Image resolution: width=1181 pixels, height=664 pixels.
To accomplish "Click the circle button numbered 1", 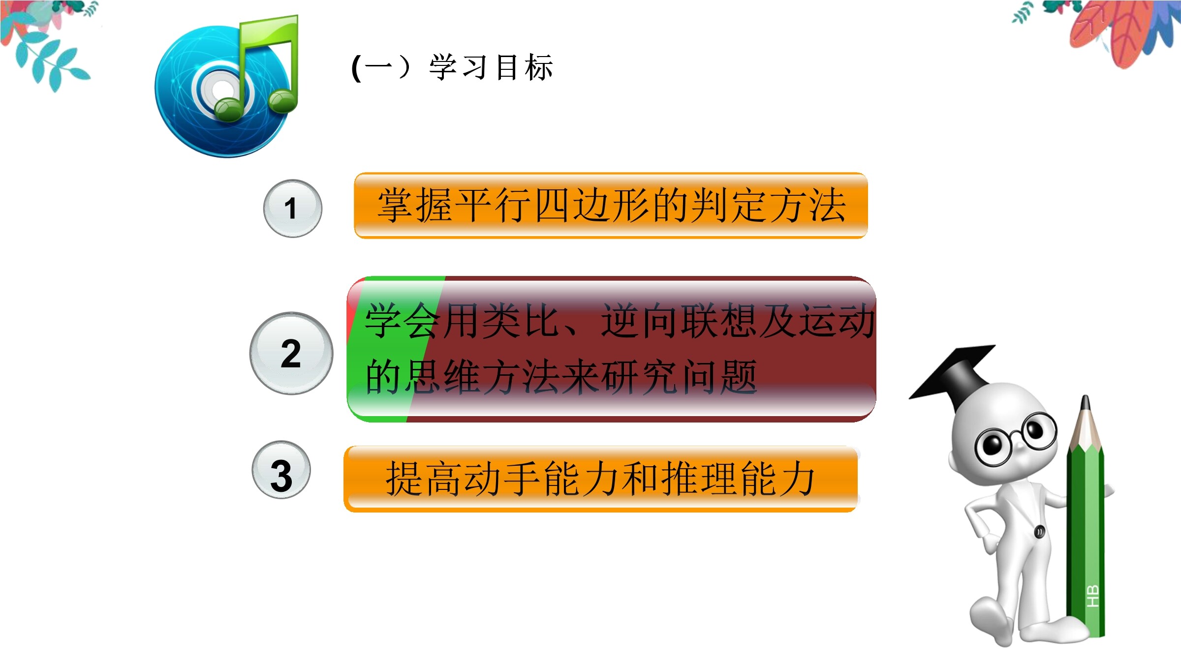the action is point(293,209).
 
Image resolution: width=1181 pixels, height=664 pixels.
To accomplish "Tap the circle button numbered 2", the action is point(291,353).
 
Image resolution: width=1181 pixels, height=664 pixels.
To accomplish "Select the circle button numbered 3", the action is point(281,470).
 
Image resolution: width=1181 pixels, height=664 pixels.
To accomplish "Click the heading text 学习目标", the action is point(491,67).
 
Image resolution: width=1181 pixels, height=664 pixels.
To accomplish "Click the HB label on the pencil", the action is point(1092,596).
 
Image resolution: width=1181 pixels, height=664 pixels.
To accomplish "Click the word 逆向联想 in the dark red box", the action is point(679,320).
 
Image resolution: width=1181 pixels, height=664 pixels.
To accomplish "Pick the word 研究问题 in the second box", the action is point(679,377).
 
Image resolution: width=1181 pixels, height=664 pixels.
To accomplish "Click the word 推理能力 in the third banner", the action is point(738,478).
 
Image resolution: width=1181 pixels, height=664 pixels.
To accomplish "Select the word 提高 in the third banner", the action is point(424,478).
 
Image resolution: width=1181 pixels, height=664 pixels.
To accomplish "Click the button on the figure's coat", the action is point(1039,532).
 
